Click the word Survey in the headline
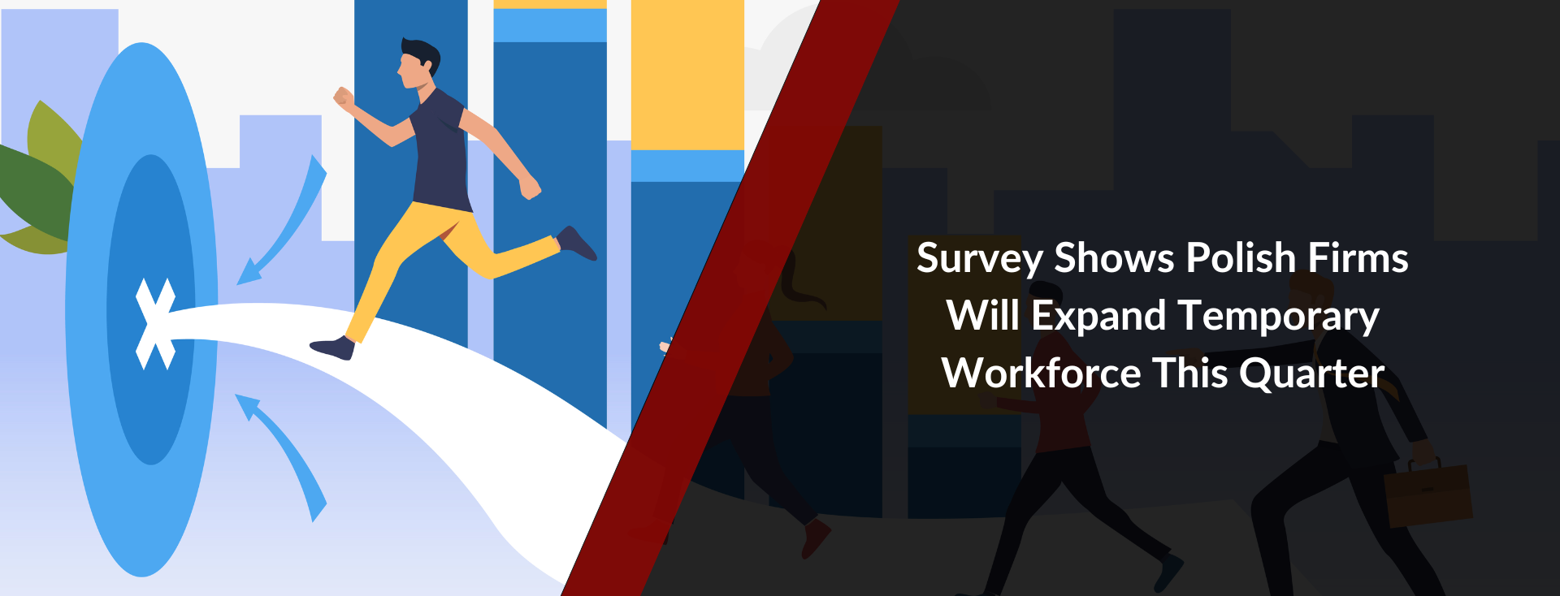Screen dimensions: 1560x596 tap(979, 259)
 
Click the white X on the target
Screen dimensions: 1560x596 tap(154, 324)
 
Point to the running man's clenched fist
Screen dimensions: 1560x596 tap(344, 98)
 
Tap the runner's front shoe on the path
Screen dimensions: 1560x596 tap(333, 348)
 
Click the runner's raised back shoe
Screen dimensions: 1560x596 tap(577, 243)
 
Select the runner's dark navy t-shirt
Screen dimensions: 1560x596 tap(440, 151)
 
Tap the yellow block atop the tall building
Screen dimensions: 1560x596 tap(687, 75)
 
